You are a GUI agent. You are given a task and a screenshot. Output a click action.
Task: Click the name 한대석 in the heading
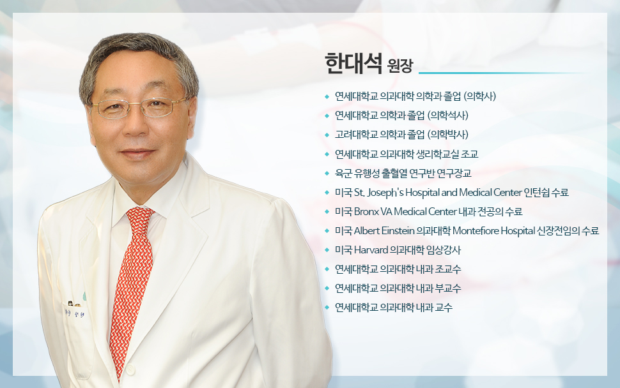353,63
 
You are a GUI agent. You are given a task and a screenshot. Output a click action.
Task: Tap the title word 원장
400,66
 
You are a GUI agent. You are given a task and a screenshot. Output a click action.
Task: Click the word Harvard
371,250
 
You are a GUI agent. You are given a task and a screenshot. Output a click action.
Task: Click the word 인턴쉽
536,192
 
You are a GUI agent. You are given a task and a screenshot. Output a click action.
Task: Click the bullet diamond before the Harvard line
327,250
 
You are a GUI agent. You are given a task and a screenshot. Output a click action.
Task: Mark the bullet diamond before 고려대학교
327,135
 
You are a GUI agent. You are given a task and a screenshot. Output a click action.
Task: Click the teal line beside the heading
502,73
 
